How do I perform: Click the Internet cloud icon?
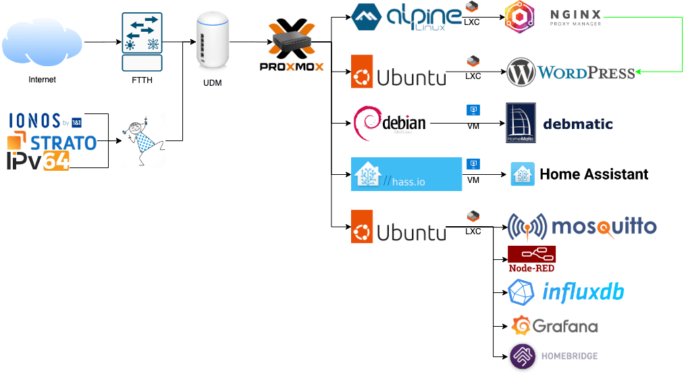42,42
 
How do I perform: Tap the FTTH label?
142,80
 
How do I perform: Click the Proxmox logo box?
292,49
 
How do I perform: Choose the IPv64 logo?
38,161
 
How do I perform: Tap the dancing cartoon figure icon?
143,140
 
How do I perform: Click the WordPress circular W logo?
521,71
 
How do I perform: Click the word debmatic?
579,124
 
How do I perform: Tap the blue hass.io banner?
406,174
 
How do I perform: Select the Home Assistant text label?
593,174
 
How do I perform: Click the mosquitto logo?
581,227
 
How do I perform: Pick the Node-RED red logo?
532,259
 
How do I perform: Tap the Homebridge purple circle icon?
522,356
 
